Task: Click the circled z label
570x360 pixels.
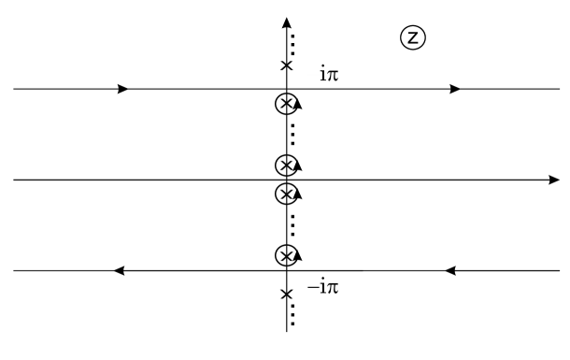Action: point(412,38)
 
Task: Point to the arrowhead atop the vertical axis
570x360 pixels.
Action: point(286,22)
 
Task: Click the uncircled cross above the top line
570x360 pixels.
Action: point(286,65)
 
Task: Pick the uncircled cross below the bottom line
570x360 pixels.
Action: point(286,295)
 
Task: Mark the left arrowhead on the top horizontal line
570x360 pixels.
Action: point(123,90)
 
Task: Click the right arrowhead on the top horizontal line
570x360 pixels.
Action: point(455,90)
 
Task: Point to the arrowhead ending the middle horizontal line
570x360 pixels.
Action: point(554,179)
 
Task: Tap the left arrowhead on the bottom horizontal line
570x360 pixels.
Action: point(119,271)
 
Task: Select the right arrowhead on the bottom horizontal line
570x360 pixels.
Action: point(449,271)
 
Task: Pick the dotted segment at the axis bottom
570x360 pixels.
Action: point(293,312)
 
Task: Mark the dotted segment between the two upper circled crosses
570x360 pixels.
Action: point(293,135)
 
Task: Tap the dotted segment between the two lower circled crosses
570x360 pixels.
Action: point(293,224)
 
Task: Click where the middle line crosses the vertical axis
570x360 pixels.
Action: point(286,179)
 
